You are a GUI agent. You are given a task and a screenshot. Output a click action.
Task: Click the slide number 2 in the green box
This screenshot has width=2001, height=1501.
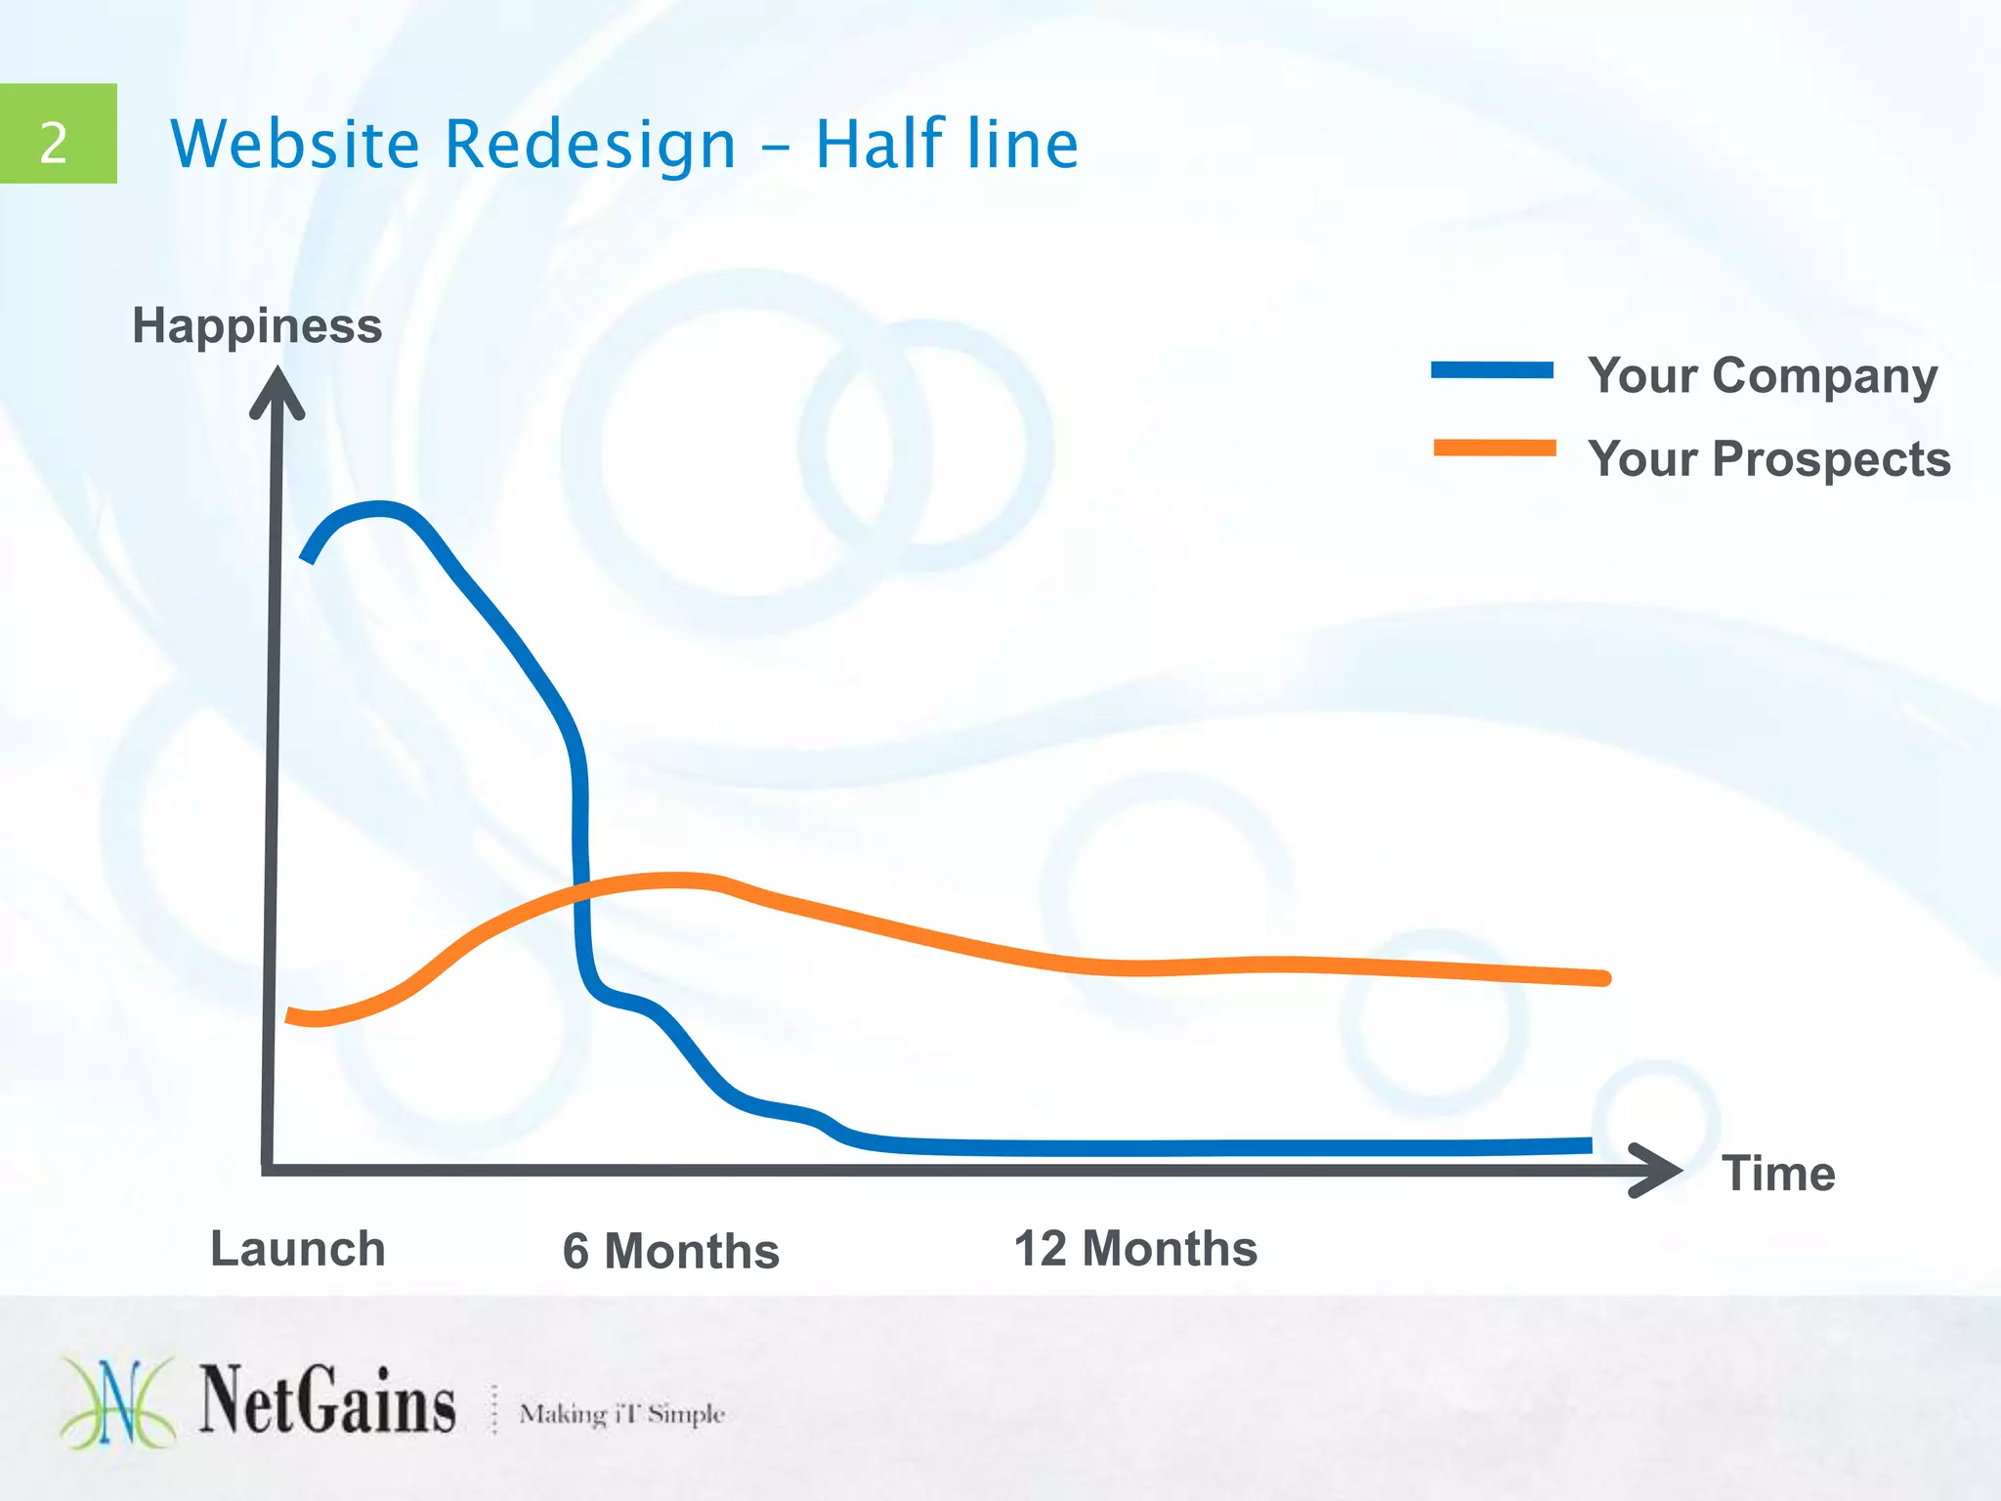tap(54, 143)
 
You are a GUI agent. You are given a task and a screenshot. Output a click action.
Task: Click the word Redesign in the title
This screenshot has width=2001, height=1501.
tap(590, 144)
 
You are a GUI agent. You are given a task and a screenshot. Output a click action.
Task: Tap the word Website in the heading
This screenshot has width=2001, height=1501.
tap(295, 144)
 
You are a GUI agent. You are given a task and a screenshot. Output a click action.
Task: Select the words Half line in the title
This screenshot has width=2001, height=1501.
tap(946, 144)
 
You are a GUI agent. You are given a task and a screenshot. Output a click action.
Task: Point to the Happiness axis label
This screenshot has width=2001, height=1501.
tap(257, 325)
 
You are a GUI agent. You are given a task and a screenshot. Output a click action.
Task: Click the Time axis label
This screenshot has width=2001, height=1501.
tap(1778, 1173)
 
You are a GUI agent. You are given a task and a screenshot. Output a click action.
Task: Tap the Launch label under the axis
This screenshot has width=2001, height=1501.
tap(298, 1249)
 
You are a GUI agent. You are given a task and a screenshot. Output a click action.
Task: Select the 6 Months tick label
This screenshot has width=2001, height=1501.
tap(670, 1251)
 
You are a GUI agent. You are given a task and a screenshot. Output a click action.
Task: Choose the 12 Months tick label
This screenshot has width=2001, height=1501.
tap(1135, 1248)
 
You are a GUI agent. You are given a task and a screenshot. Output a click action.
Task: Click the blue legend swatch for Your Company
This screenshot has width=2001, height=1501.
tap(1492, 370)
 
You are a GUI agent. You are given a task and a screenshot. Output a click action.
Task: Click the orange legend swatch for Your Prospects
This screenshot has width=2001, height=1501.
tap(1494, 449)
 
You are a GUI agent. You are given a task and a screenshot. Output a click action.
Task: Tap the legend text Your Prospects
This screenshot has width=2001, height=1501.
tap(1768, 458)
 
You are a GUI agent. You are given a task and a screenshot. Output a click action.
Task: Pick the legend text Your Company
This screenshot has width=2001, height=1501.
tap(1763, 375)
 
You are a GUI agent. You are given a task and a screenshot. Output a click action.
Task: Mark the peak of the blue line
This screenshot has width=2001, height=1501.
tap(379, 509)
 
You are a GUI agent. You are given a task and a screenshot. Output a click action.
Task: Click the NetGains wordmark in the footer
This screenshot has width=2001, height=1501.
tap(327, 1401)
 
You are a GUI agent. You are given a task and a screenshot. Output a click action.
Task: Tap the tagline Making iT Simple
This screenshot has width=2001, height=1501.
tap(621, 1413)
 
